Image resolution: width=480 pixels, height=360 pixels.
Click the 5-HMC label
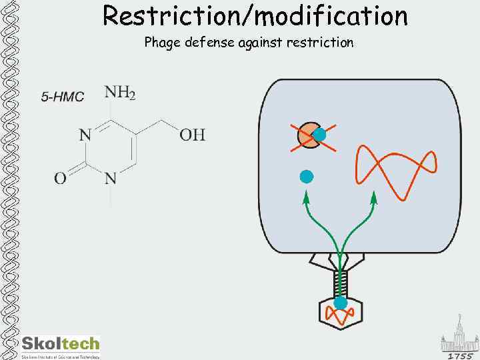63,97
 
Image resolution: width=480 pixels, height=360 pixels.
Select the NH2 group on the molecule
120,93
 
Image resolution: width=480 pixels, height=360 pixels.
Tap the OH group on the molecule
192,135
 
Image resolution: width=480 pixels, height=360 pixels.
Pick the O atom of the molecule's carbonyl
60,178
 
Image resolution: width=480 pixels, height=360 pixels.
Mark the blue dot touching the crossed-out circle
319,135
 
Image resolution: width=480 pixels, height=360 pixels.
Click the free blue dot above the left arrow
306,177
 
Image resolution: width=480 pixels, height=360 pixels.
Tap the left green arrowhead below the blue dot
306,197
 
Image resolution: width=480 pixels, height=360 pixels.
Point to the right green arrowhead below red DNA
373,197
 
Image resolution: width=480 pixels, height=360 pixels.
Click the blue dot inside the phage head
341,303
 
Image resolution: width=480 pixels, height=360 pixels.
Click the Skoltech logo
60,345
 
